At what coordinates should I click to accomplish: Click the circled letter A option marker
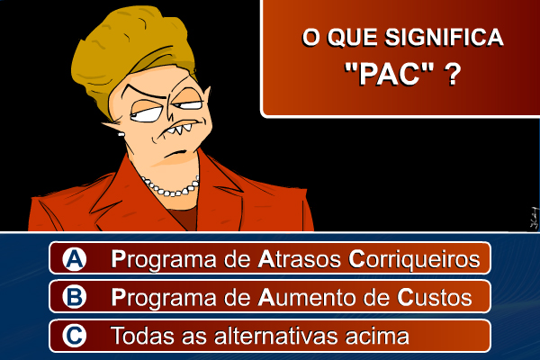click(x=75, y=258)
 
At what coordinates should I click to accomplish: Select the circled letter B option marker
click(x=75, y=297)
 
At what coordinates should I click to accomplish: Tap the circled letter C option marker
click(x=75, y=336)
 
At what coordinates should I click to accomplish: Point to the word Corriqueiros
click(x=414, y=260)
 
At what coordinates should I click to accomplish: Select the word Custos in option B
click(x=435, y=298)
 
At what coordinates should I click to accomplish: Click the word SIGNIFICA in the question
click(x=445, y=37)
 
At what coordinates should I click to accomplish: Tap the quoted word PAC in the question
click(x=389, y=74)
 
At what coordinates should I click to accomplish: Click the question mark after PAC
click(x=453, y=74)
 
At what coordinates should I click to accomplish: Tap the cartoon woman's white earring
click(x=121, y=134)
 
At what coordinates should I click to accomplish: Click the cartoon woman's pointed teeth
click(x=179, y=130)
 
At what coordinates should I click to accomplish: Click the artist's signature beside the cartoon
click(x=534, y=218)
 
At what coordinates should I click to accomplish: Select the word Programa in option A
click(x=163, y=260)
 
